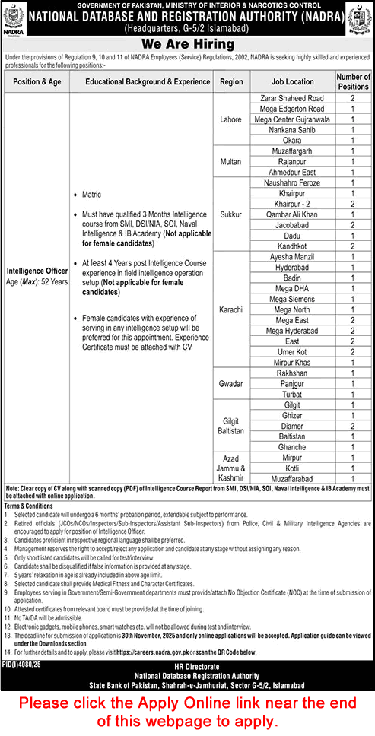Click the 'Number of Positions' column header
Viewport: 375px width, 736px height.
353,81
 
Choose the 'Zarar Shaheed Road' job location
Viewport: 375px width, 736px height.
291,98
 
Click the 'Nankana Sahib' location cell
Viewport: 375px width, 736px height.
291,130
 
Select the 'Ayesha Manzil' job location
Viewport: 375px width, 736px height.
291,257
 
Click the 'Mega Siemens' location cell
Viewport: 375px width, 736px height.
291,300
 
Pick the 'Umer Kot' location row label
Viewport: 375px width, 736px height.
291,353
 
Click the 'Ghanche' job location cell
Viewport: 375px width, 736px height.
291,449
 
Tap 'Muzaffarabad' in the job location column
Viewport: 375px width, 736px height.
291,481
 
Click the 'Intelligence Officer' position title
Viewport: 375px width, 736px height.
37,269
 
